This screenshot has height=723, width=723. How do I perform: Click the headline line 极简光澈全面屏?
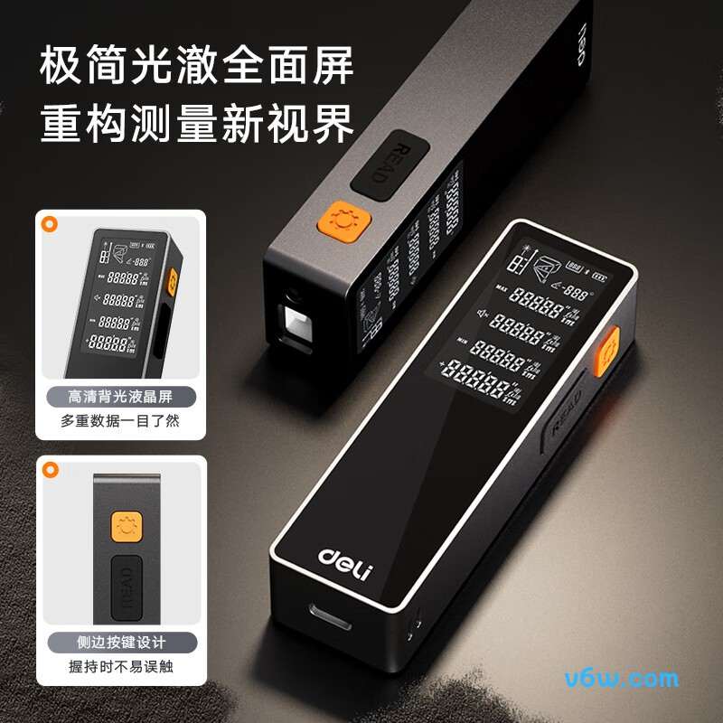[x=197, y=69]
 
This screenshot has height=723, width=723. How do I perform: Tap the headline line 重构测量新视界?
[x=197, y=125]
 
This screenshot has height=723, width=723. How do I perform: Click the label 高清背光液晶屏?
[x=120, y=397]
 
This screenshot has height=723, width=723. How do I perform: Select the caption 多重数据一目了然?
[x=120, y=420]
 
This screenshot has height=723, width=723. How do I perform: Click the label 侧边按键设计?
[x=120, y=643]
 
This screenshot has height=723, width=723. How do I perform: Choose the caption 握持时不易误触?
[x=120, y=667]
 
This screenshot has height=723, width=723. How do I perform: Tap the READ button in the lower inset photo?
[x=125, y=585]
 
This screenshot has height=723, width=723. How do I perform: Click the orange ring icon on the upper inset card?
[x=51, y=222]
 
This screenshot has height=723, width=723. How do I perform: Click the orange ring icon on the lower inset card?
[x=51, y=468]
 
